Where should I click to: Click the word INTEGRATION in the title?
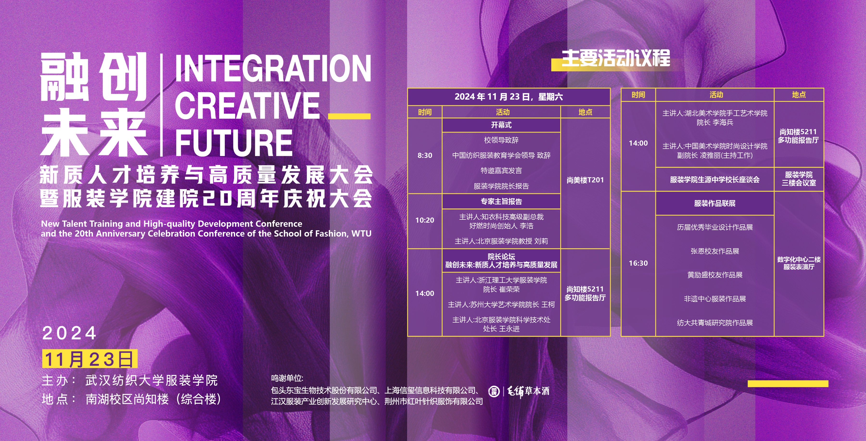[273, 68]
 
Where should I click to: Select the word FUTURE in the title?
[234, 143]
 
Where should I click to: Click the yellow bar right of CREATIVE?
[349, 116]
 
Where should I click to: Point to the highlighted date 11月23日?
[89, 359]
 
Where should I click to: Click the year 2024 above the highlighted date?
[69, 333]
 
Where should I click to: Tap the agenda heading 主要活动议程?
[616, 58]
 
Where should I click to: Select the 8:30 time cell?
[425, 155]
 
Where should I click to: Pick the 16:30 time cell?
[638, 263]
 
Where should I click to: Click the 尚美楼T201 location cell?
[585, 180]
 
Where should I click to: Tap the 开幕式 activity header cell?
[501, 125]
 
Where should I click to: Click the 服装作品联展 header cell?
[715, 203]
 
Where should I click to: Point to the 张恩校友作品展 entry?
[715, 251]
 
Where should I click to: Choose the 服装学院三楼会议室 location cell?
[799, 179]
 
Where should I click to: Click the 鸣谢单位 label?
[287, 379]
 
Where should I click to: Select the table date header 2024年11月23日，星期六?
[509, 97]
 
